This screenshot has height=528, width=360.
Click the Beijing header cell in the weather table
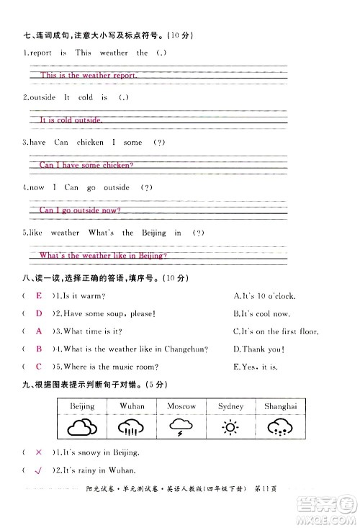point(83,406)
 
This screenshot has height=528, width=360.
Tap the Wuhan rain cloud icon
point(132,429)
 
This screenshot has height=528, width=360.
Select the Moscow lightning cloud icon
point(181,429)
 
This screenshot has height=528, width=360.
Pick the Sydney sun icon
point(230,429)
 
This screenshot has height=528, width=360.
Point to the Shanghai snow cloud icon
point(281,429)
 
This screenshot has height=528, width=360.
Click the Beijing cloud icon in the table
point(83,429)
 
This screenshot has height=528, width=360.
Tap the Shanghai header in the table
point(281,406)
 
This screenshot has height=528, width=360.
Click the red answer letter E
point(39,296)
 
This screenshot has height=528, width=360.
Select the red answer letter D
point(39,313)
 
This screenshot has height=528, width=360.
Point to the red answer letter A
point(39,331)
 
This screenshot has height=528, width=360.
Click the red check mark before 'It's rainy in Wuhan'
point(37,470)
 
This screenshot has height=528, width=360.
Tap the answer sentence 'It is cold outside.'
point(71,120)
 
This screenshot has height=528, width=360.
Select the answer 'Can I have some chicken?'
point(86,165)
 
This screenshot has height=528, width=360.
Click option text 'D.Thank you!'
point(258,349)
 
